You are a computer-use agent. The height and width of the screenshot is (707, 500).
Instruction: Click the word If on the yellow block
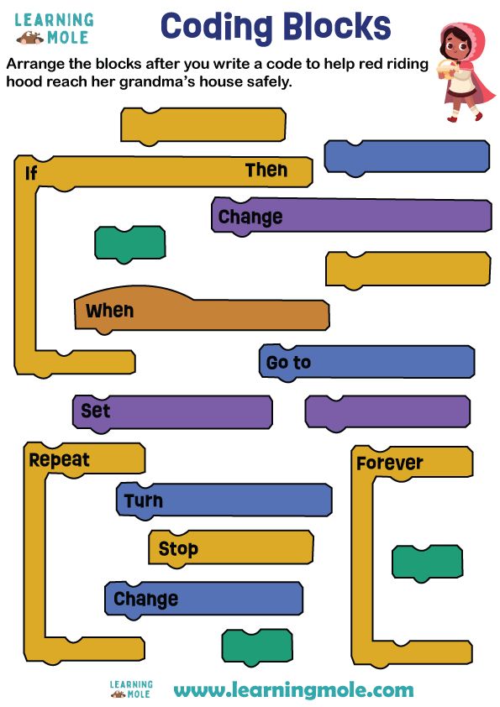pyautogui.click(x=31, y=173)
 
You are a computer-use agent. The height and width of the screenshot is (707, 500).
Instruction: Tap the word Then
pyautogui.click(x=266, y=170)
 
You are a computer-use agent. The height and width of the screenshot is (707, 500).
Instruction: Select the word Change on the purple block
pyautogui.click(x=250, y=217)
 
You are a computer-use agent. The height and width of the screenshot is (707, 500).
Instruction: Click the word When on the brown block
pyautogui.click(x=109, y=311)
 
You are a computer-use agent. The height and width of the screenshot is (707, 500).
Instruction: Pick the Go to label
pyautogui.click(x=288, y=363)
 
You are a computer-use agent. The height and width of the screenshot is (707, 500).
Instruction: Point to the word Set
pyautogui.click(x=96, y=411)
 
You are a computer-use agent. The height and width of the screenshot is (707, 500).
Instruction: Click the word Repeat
pyautogui.click(x=59, y=460)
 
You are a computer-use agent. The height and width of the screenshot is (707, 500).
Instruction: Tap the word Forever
pyautogui.click(x=389, y=463)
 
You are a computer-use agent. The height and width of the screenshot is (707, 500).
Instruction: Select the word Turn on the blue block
pyautogui.click(x=144, y=501)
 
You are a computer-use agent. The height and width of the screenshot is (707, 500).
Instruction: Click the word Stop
pyautogui.click(x=178, y=549)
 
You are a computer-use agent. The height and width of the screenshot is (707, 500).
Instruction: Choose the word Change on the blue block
pyautogui.click(x=145, y=599)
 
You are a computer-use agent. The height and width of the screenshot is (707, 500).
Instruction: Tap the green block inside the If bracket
pyautogui.click(x=129, y=243)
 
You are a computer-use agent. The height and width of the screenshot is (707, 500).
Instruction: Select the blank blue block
pyautogui.click(x=407, y=157)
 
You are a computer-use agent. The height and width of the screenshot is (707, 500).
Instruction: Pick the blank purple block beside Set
pyautogui.click(x=387, y=411)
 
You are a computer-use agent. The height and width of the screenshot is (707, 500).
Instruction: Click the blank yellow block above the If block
pyautogui.click(x=203, y=125)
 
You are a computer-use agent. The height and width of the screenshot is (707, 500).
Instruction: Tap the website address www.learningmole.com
pyautogui.click(x=293, y=690)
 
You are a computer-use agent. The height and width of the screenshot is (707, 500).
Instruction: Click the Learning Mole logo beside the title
pyautogui.click(x=55, y=29)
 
